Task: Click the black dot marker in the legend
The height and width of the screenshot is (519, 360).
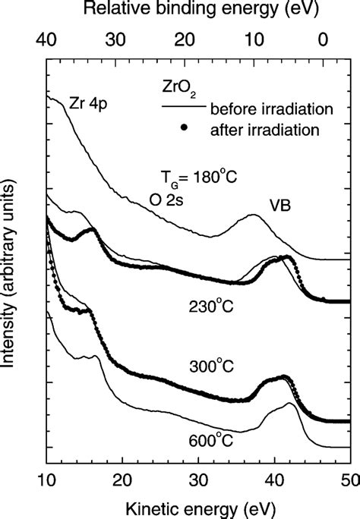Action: pyautogui.click(x=183, y=127)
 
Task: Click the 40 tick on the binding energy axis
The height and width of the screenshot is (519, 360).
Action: pyautogui.click(x=47, y=38)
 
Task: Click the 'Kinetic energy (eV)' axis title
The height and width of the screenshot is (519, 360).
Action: pyautogui.click(x=197, y=505)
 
